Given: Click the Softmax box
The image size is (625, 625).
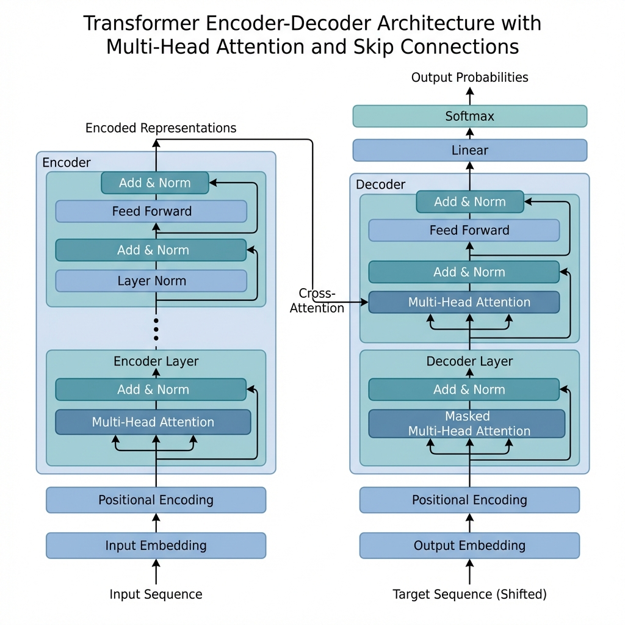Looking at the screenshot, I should (469, 116).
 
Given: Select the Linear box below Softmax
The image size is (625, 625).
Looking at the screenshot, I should (469, 150).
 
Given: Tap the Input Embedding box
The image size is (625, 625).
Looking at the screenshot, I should (156, 546).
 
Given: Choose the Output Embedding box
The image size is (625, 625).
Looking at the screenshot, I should (469, 546).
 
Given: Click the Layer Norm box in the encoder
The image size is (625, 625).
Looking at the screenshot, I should (151, 281).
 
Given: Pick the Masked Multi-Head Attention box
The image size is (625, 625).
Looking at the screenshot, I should (467, 424).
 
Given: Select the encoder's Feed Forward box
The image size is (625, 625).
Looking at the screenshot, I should (151, 211).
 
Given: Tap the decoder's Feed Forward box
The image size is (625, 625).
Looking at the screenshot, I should (464, 230).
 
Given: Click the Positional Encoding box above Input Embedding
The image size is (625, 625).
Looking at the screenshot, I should (156, 500).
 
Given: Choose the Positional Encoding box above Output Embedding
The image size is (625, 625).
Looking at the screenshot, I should (469, 500).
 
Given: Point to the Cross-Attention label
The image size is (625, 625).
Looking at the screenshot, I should (317, 301).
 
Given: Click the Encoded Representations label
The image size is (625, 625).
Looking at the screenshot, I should (161, 128).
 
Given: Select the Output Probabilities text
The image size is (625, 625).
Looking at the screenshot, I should (469, 78).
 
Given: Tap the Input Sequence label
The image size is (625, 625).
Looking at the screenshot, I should (156, 594).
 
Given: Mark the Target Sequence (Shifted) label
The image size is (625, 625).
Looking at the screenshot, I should (469, 594).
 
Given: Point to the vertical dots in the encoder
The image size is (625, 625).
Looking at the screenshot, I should (156, 329).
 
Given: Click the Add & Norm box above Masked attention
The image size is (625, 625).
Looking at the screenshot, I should (464, 389).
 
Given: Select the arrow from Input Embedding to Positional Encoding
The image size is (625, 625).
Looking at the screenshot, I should (156, 522).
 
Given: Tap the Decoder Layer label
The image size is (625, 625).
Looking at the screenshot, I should (469, 361).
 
